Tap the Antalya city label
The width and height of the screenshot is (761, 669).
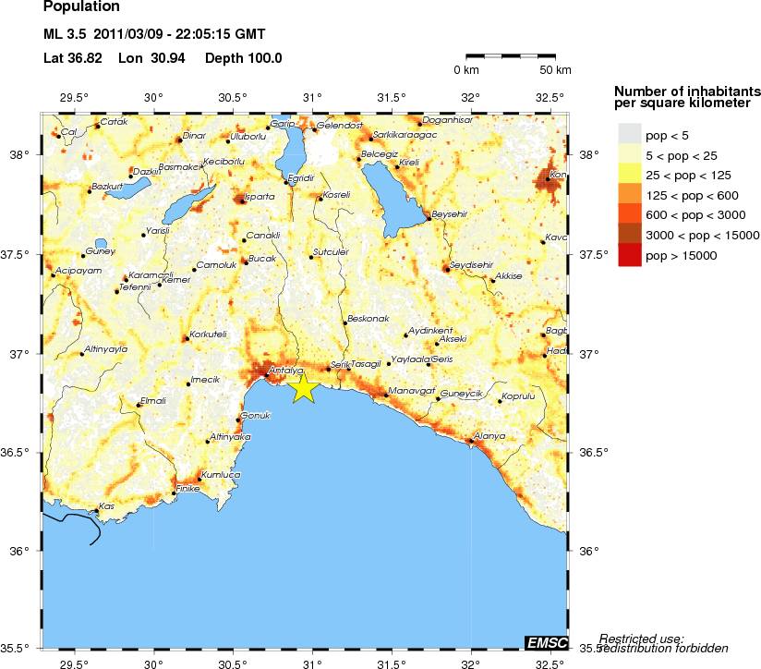(280, 371)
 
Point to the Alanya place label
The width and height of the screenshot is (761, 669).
(489, 435)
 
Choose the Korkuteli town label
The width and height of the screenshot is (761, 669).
(208, 334)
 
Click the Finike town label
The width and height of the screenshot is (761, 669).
(187, 488)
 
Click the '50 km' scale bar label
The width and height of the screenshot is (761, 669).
(556, 70)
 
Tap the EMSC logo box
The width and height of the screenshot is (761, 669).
(546, 642)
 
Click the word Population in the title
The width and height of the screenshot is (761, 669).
(80, 8)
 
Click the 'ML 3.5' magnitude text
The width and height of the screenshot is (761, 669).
(66, 35)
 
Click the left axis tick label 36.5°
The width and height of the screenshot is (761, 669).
(20, 453)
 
